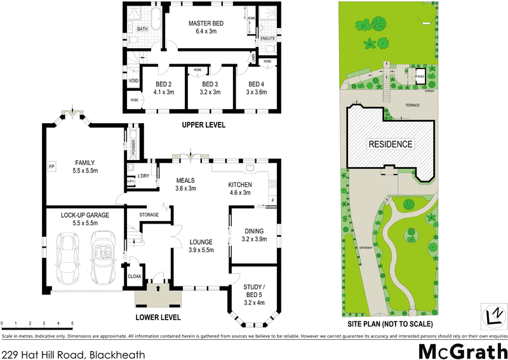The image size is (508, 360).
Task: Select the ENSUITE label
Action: tap(267, 39)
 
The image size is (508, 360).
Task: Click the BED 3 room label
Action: tap(210, 84)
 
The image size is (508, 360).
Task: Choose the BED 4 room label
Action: tap(256, 84)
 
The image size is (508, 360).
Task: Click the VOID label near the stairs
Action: tap(133, 81)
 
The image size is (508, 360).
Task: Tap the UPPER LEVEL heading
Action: tap(203, 125)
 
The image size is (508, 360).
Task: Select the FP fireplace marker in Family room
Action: tap(51, 167)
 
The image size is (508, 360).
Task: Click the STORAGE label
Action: tap(148, 215)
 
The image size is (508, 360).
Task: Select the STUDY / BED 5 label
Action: tap(257, 294)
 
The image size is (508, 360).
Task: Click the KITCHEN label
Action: tap(240, 185)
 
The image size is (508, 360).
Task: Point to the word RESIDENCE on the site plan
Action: tap(391, 144)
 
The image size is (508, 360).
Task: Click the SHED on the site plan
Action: tap(420, 77)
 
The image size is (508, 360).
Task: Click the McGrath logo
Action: tap(460, 350)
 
